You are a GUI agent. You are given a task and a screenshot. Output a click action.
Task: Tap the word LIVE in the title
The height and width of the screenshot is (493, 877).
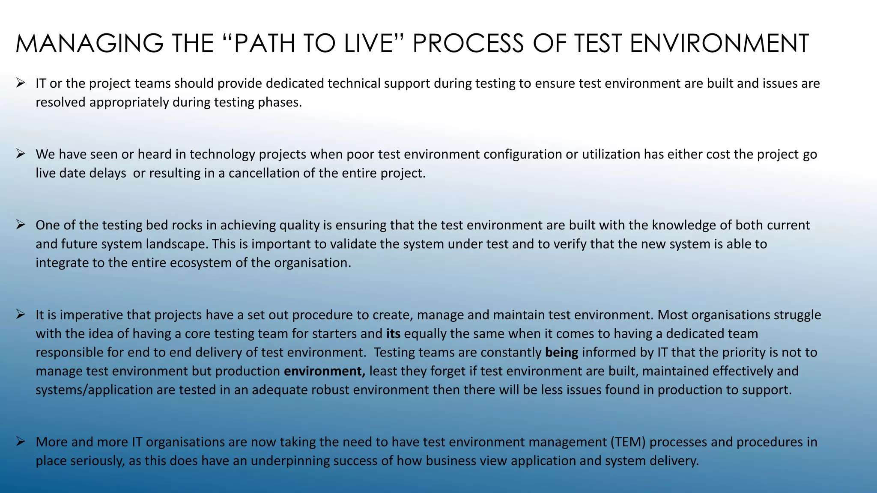point(368,44)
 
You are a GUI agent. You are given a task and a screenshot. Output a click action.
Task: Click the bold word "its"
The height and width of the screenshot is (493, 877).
point(393,333)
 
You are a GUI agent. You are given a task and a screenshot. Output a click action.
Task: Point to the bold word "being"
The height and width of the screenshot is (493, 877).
point(561,352)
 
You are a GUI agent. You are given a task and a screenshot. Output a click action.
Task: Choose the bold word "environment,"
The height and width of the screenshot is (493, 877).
point(325,371)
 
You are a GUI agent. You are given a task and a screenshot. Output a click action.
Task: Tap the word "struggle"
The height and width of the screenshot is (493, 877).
point(797,315)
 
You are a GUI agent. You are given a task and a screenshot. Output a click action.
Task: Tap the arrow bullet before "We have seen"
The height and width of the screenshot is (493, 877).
point(21,153)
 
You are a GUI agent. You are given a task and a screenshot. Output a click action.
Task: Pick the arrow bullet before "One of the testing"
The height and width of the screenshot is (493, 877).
point(21,224)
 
